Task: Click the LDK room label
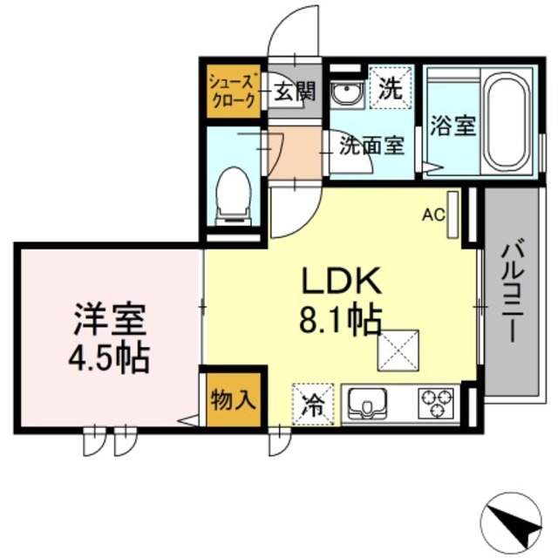click(341, 281)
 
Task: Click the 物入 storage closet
click(233, 400)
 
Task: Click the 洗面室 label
click(371, 145)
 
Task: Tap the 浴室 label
click(453, 125)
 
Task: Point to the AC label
click(433, 212)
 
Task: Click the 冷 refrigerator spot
click(313, 404)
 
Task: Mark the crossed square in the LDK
click(398, 350)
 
